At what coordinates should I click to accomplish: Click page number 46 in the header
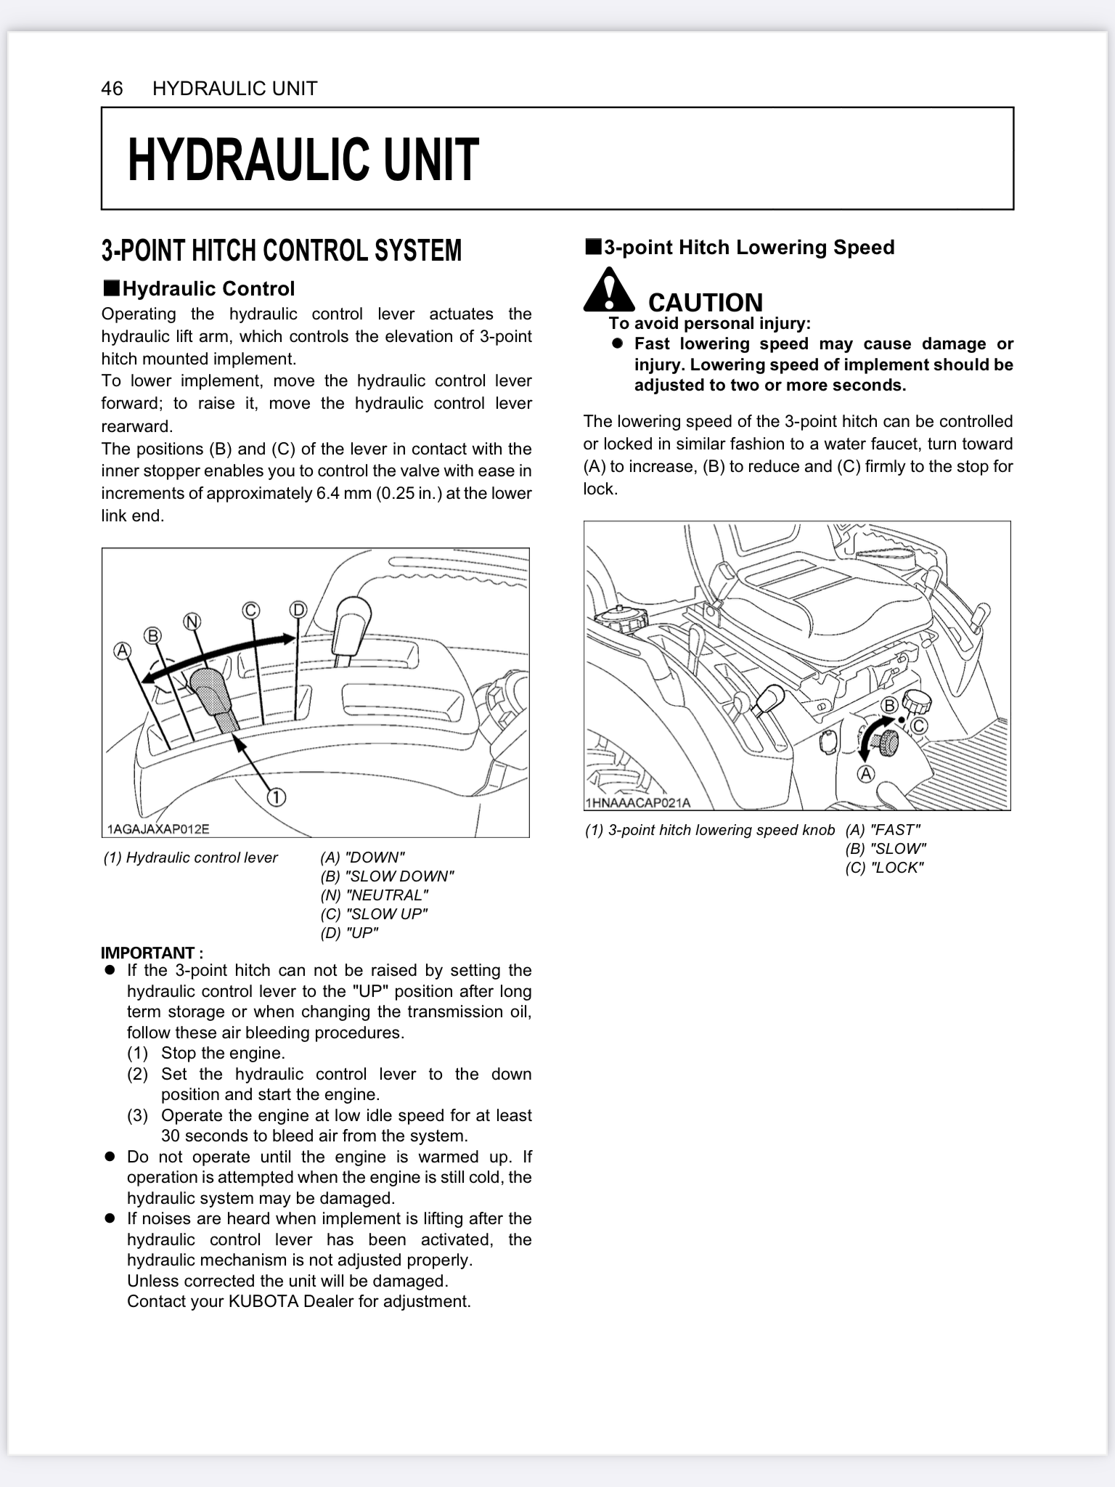coord(112,89)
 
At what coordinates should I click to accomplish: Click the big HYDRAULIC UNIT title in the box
coord(303,160)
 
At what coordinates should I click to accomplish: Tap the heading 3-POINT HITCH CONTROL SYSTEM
coord(281,250)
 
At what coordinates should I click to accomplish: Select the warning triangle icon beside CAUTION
coord(609,289)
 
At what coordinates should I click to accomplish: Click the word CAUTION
coord(705,302)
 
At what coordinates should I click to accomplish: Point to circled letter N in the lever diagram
coord(192,622)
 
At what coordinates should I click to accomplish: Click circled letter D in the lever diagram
coord(298,609)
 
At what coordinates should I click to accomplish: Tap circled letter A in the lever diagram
coord(122,651)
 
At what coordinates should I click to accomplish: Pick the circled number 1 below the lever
coord(277,797)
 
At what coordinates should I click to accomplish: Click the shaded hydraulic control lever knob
coord(210,691)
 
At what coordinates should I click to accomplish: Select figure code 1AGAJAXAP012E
coord(158,829)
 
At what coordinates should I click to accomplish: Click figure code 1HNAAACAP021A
coord(637,803)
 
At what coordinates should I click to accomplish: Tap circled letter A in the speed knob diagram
coord(866,774)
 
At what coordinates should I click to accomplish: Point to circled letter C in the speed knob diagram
coord(918,726)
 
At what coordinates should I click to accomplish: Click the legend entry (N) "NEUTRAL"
coord(374,895)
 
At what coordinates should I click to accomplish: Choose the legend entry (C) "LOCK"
coord(884,868)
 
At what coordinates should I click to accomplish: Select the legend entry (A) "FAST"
coord(883,830)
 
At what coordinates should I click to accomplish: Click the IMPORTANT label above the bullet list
coord(152,953)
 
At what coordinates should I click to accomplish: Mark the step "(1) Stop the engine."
coord(206,1053)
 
